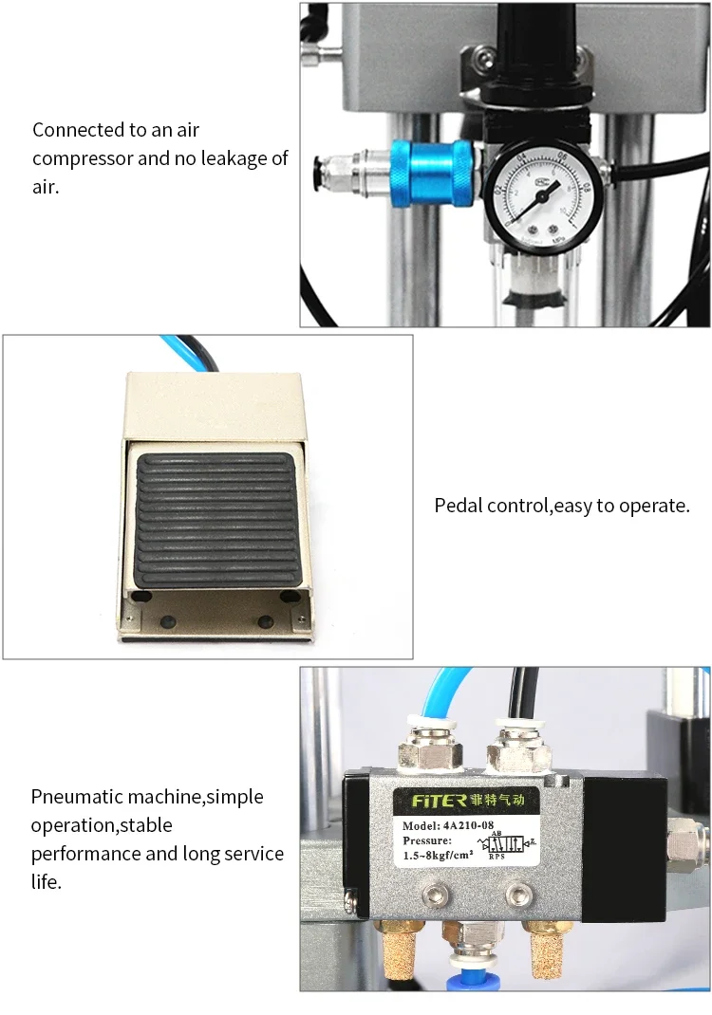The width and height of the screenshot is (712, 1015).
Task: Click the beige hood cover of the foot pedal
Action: tap(214, 408)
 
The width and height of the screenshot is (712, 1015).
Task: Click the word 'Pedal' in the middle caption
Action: tap(459, 506)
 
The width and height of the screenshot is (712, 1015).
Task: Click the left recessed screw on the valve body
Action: tap(437, 893)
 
